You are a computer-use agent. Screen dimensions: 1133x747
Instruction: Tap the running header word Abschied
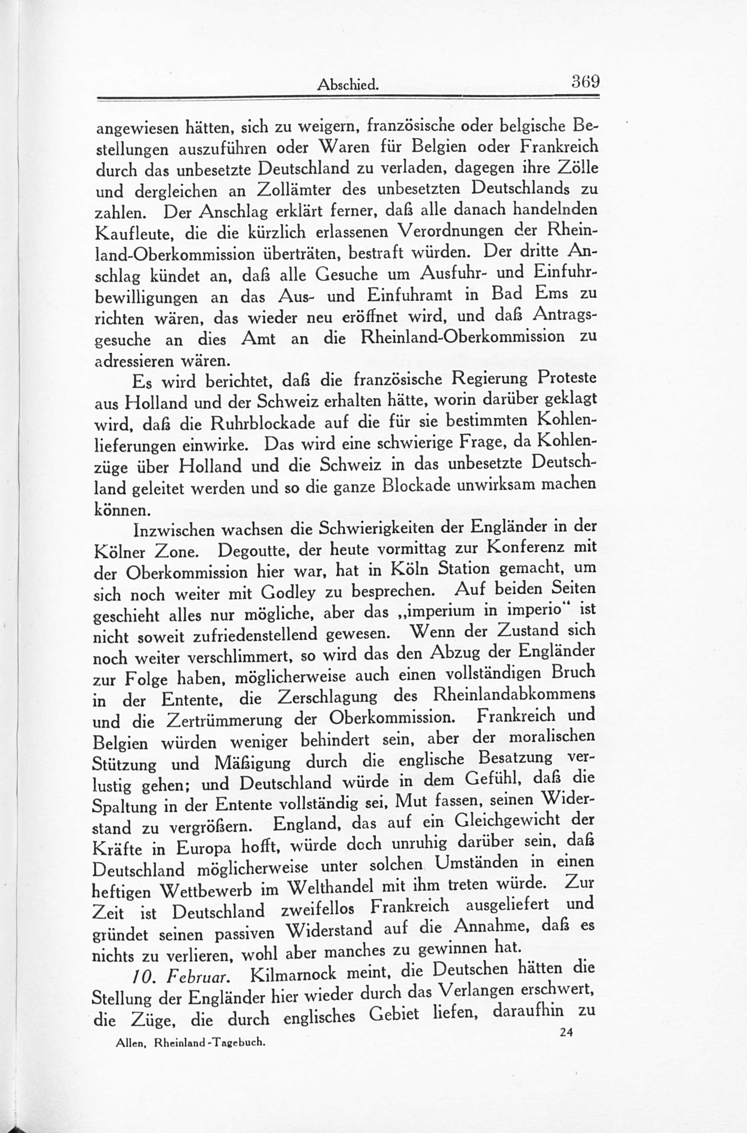point(348,85)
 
